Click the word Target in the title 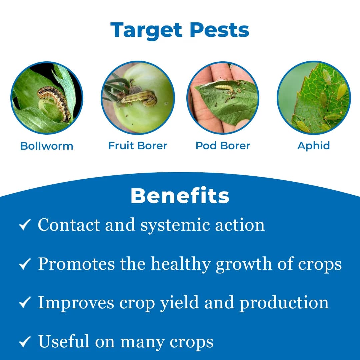pos(147,30)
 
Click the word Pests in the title pos(219,30)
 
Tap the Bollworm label pos(47,146)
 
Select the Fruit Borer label pos(138,146)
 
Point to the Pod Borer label pos(223,146)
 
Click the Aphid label pos(313,146)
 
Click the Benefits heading pos(180,196)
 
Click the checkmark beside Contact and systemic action pos(25,225)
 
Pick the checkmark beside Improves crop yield pos(25,303)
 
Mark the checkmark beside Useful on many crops pos(25,342)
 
